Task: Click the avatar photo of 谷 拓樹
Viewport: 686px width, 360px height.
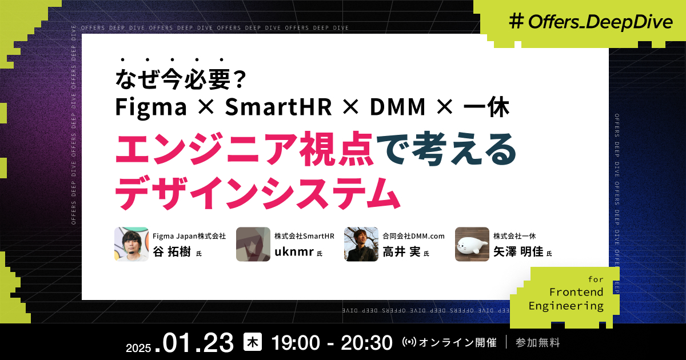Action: tap(131, 244)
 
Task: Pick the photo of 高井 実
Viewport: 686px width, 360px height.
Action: tap(361, 244)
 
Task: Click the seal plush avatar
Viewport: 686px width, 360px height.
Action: tap(472, 244)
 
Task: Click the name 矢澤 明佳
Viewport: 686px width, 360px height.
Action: tap(518, 251)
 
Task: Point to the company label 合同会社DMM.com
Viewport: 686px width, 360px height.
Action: tap(413, 235)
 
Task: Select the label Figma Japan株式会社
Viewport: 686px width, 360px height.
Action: tap(189, 235)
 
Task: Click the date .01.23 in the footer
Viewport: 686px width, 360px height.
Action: tap(198, 342)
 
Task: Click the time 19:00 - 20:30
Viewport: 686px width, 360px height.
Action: tap(332, 342)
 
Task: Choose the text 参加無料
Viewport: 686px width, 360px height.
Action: tap(537, 343)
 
